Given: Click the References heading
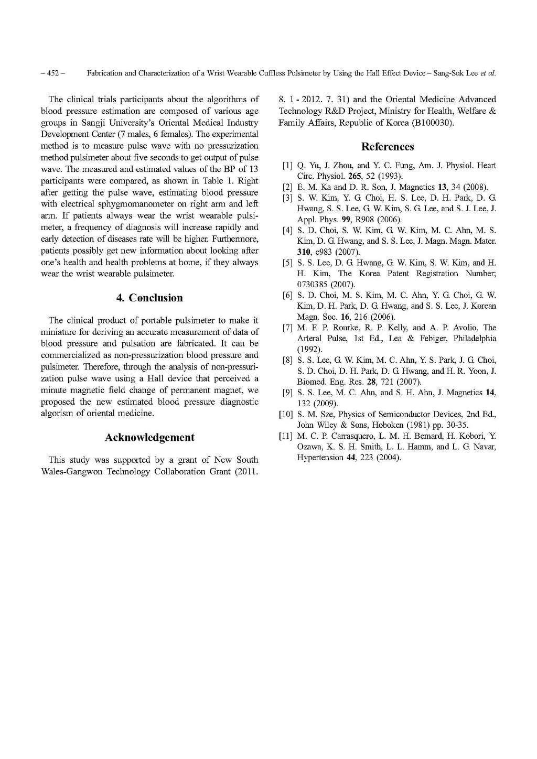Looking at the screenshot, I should pyautogui.click(x=388, y=147).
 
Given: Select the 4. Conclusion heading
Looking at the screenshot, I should pyautogui.click(x=149, y=298).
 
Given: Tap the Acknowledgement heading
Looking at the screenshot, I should pyautogui.click(x=149, y=437).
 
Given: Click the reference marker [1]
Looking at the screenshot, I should pyautogui.click(x=287, y=166).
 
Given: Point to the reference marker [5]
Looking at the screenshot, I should pyautogui.click(x=287, y=263).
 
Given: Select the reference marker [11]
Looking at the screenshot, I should pyautogui.click(x=286, y=436).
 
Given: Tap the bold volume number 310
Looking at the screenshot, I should pyautogui.click(x=306, y=252).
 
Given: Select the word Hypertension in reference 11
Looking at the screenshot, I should pyautogui.click(x=317, y=457).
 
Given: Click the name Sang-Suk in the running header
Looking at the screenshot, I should pyautogui.click(x=448, y=73).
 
